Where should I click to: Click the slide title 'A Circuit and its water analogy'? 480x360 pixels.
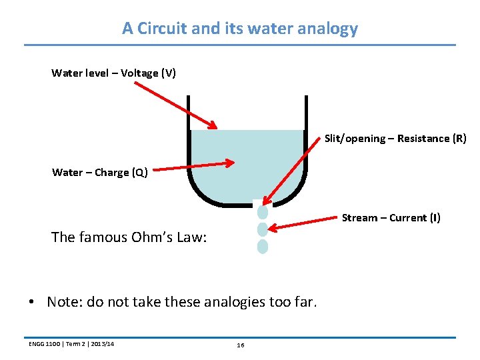click(240, 29)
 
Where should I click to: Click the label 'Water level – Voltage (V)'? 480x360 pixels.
click(113, 73)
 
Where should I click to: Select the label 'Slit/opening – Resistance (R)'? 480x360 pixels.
click(395, 139)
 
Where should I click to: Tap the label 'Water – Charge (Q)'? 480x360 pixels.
click(100, 173)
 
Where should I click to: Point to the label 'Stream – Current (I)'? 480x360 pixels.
click(391, 218)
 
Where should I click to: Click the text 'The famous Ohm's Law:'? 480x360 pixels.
click(129, 237)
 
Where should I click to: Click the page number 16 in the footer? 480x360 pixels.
click(241, 345)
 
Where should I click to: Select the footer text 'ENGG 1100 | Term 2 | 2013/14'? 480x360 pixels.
click(71, 344)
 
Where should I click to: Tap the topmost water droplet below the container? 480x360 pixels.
click(263, 213)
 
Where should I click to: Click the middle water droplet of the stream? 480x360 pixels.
click(263, 230)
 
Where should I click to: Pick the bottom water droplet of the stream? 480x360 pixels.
click(263, 247)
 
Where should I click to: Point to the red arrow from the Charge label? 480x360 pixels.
click(193, 165)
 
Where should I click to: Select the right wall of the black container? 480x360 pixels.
click(306, 147)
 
